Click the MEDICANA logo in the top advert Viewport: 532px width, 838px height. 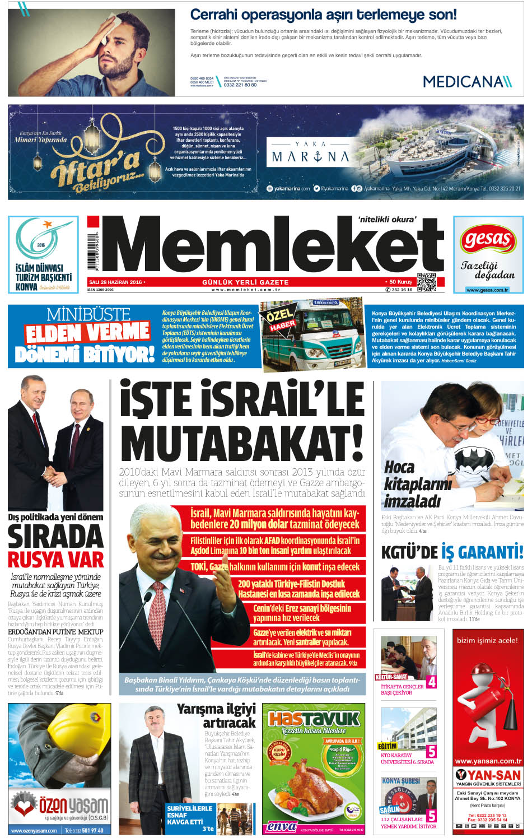pos(467,82)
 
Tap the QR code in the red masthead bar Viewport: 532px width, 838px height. pos(426,282)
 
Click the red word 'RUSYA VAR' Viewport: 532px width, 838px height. pos(56,559)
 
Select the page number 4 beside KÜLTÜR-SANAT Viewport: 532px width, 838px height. pos(431,682)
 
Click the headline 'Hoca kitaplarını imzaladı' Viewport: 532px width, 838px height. pos(417,484)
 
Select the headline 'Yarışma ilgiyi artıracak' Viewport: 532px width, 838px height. pos(216,715)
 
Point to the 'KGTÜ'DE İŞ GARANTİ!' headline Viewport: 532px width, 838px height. pos(452,552)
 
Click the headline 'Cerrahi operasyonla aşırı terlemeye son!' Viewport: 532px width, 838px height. pos(323,15)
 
